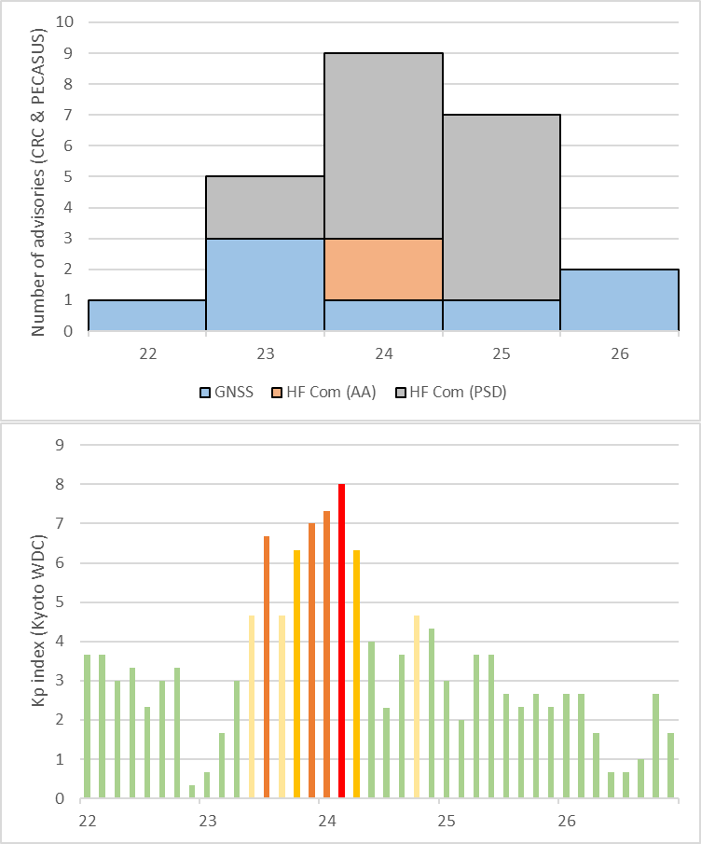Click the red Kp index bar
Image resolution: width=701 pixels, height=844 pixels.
point(342,642)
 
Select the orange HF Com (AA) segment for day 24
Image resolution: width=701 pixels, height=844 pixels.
point(383,269)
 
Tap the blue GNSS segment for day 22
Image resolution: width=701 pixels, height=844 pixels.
point(147,315)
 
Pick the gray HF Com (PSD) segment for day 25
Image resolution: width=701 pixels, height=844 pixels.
point(502,207)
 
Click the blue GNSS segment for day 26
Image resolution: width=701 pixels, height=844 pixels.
point(619,299)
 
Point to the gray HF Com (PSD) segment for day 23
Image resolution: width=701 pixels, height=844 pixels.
point(265,207)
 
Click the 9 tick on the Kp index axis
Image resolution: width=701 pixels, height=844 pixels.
point(61,445)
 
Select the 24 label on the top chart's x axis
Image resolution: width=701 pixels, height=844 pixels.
point(383,353)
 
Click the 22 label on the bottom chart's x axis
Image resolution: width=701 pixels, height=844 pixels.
point(88,822)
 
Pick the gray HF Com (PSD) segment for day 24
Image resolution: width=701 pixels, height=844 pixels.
point(383,145)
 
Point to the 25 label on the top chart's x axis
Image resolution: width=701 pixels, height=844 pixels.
point(502,353)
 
